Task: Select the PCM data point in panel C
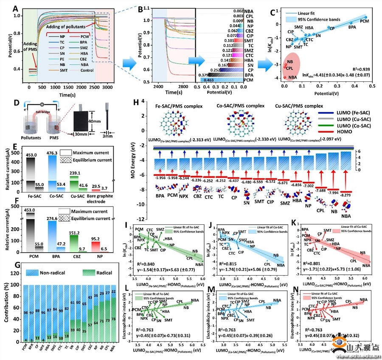[x=365, y=17]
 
